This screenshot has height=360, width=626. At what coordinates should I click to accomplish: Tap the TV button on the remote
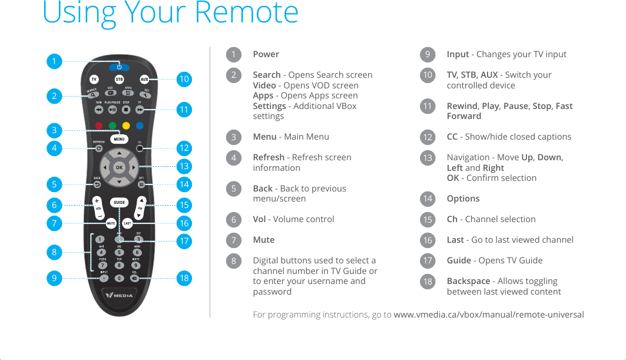click(94, 79)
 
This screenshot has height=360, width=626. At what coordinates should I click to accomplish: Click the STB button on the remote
click(119, 79)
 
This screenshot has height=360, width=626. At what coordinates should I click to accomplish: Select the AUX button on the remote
click(144, 79)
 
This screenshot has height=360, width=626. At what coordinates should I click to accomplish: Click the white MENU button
click(119, 140)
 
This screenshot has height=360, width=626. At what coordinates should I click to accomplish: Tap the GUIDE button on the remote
click(120, 203)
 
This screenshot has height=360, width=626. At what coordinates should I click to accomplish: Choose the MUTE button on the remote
click(110, 224)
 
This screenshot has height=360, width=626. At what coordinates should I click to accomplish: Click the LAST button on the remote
click(127, 224)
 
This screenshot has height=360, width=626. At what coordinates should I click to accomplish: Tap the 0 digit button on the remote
click(119, 278)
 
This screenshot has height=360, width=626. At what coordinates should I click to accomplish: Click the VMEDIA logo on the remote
click(120, 295)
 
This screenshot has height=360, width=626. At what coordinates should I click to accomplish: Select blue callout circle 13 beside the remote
click(184, 166)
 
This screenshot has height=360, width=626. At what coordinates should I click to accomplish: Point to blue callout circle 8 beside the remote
click(54, 252)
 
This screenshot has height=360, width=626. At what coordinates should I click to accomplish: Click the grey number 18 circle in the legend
click(428, 282)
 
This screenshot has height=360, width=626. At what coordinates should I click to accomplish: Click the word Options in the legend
click(463, 199)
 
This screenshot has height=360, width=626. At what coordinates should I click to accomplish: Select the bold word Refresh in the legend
click(269, 157)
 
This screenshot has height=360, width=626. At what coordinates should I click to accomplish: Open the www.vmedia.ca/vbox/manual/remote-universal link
click(489, 315)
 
